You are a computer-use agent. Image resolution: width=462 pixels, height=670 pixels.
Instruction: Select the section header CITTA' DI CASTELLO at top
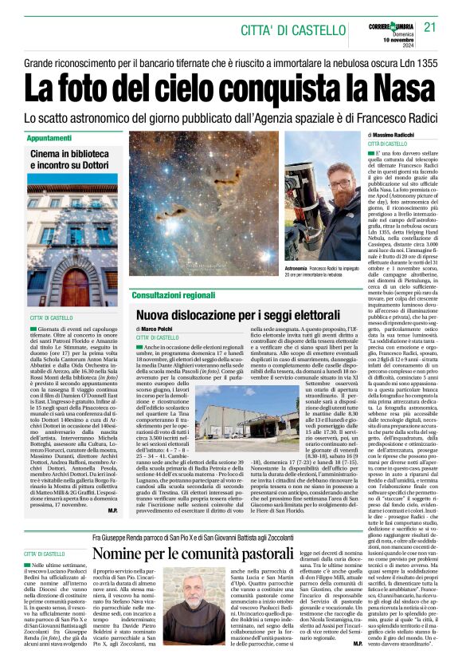[283, 30]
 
